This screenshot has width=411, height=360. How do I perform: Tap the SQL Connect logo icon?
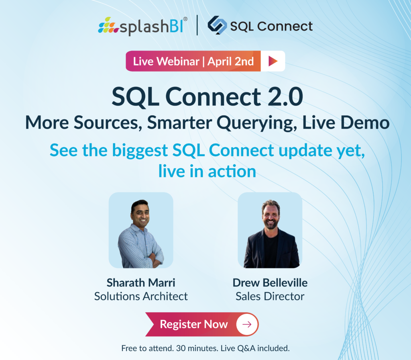[217, 26]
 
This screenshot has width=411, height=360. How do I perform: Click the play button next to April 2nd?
[273, 61]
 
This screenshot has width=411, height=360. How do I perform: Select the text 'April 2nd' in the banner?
[230, 61]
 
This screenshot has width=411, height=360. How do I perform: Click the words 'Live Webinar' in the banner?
[166, 61]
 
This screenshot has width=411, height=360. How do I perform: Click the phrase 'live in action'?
[207, 171]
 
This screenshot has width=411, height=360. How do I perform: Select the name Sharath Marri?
[141, 282]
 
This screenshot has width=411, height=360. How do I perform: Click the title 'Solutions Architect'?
[141, 297]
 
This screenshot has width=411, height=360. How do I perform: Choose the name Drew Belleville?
[270, 282]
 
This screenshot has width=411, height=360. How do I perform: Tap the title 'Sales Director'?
[270, 297]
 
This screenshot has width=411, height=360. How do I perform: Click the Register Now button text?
[193, 324]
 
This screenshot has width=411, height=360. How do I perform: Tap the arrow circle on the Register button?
[247, 324]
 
